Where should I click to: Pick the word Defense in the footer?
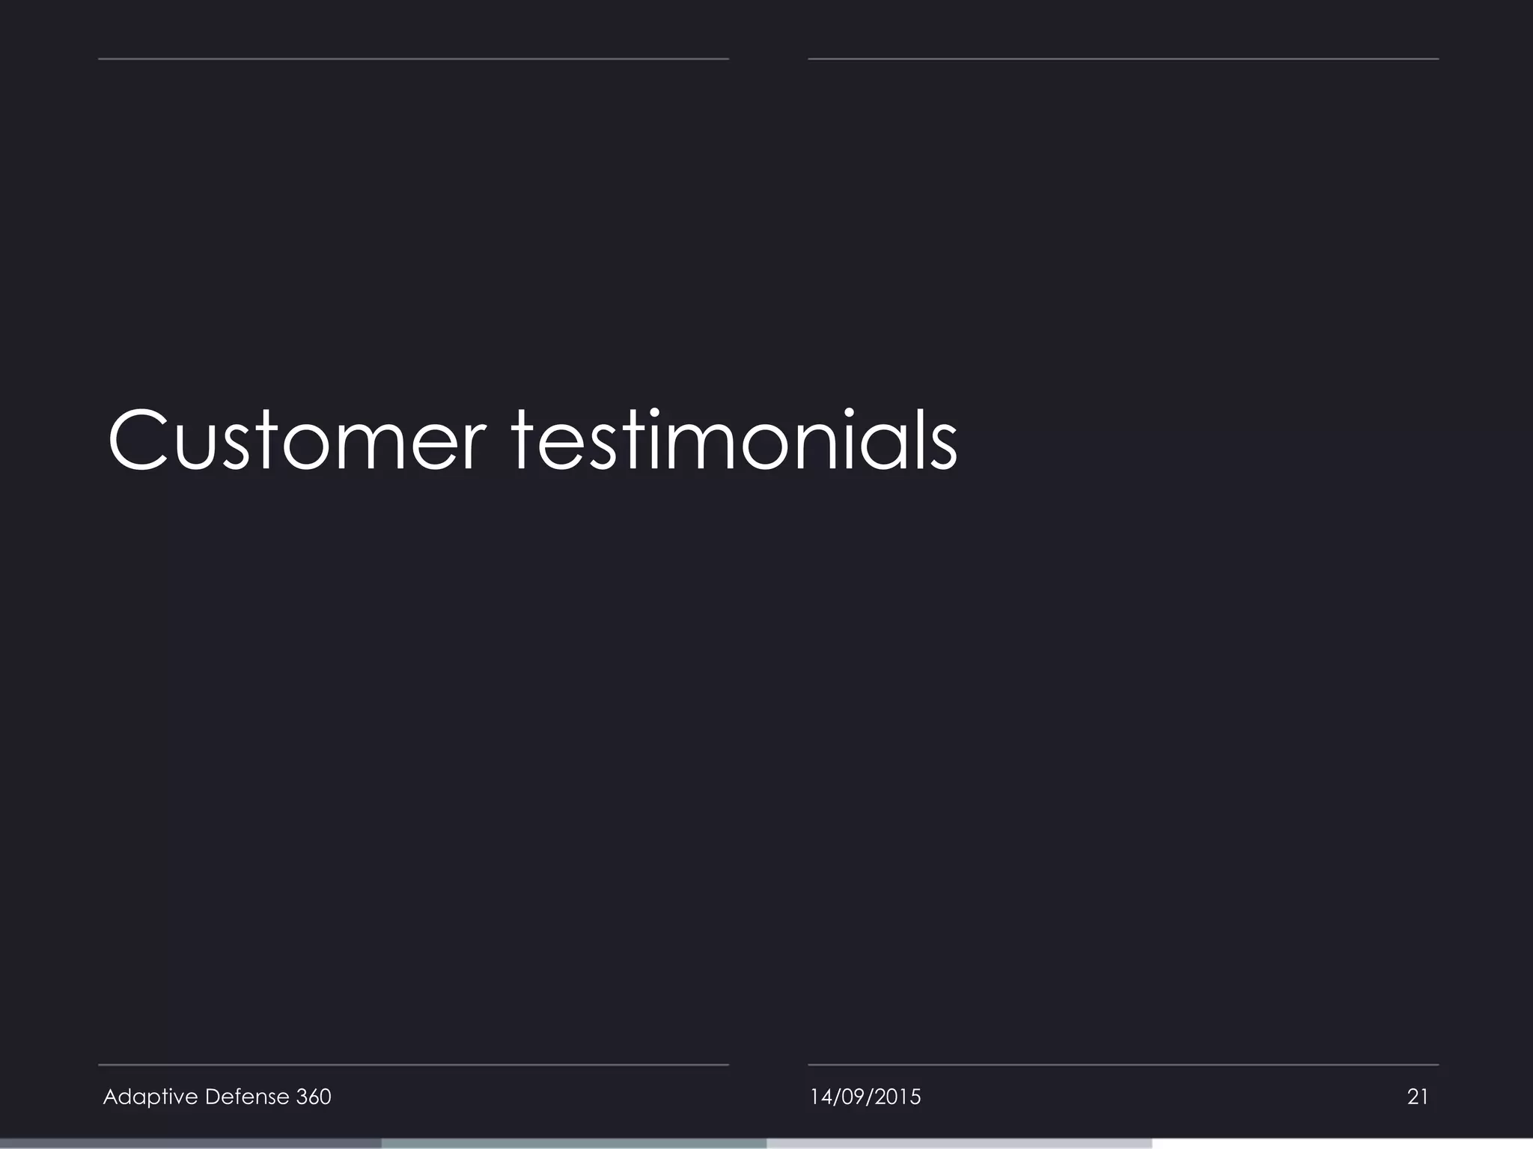coord(246,1097)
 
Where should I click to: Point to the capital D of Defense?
coord(212,1097)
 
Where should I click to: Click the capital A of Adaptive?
coord(110,1097)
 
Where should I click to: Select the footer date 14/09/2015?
coord(865,1097)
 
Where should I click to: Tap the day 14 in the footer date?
coord(820,1097)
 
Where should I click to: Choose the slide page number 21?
coord(1418,1097)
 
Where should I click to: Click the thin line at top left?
coord(413,58)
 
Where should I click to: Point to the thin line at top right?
coord(1123,58)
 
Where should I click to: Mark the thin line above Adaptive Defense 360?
coord(413,1064)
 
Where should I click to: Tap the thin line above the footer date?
coord(1123,1064)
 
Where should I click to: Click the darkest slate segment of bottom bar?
coord(191,1144)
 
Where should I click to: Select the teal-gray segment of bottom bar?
coord(574,1144)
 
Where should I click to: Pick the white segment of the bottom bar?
coord(1342,1144)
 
